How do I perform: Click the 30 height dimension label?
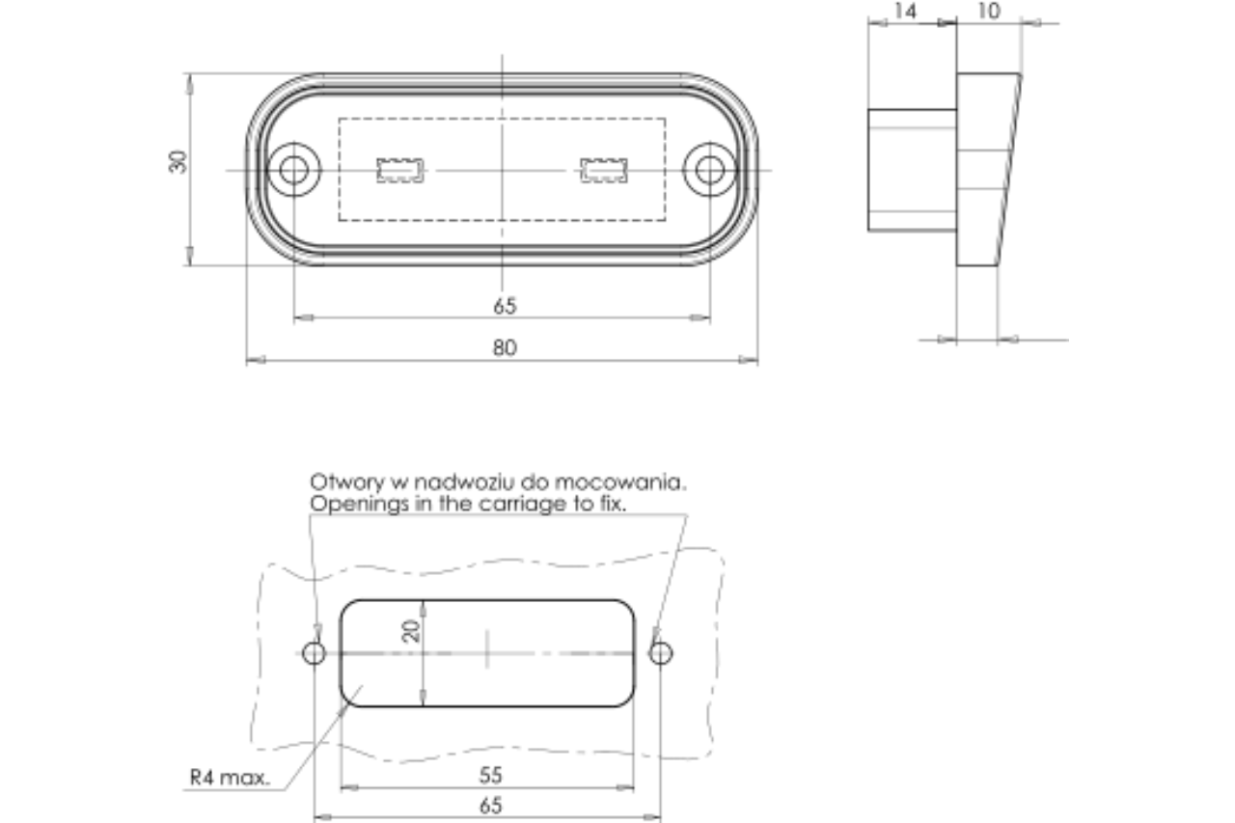[x=178, y=161]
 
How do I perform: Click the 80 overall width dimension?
[x=505, y=347]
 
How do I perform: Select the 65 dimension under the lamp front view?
[x=505, y=306]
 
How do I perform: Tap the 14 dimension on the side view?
[x=905, y=12]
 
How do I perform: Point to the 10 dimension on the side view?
[x=989, y=12]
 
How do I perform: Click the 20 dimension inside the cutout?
[x=412, y=632]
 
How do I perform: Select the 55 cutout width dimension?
[x=490, y=775]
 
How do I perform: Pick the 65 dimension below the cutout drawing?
[x=490, y=806]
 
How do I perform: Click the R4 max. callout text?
[x=231, y=777]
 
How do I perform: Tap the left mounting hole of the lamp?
[x=293, y=170]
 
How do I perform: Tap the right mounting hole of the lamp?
[x=710, y=170]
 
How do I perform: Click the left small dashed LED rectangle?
[x=399, y=170]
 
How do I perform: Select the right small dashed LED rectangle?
[x=604, y=170]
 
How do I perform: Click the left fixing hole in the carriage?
[x=314, y=653]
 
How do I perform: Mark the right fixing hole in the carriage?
[x=660, y=653]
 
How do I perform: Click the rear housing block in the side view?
[x=912, y=170]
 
